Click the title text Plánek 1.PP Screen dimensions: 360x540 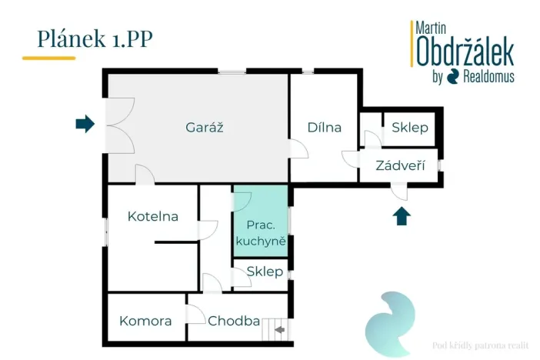(95, 38)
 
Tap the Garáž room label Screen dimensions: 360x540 (198, 128)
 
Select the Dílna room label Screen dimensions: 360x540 (324, 128)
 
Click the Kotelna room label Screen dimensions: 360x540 (153, 216)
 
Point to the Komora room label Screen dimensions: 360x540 (145, 321)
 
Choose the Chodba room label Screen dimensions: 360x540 (234, 321)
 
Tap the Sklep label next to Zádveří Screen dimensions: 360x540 (409, 128)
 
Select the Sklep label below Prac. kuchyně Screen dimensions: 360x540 (265, 272)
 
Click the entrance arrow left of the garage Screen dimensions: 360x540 (85, 123)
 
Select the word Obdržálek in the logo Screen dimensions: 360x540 (465, 51)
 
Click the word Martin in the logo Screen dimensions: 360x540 (432, 27)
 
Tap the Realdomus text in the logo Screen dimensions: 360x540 (488, 76)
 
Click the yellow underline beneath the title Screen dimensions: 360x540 (48, 58)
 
